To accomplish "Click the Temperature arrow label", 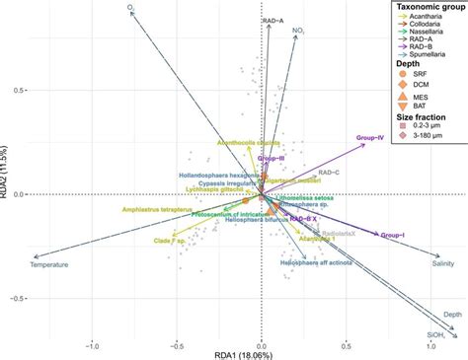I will [49, 264].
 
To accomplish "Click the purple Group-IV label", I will [368, 137].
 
